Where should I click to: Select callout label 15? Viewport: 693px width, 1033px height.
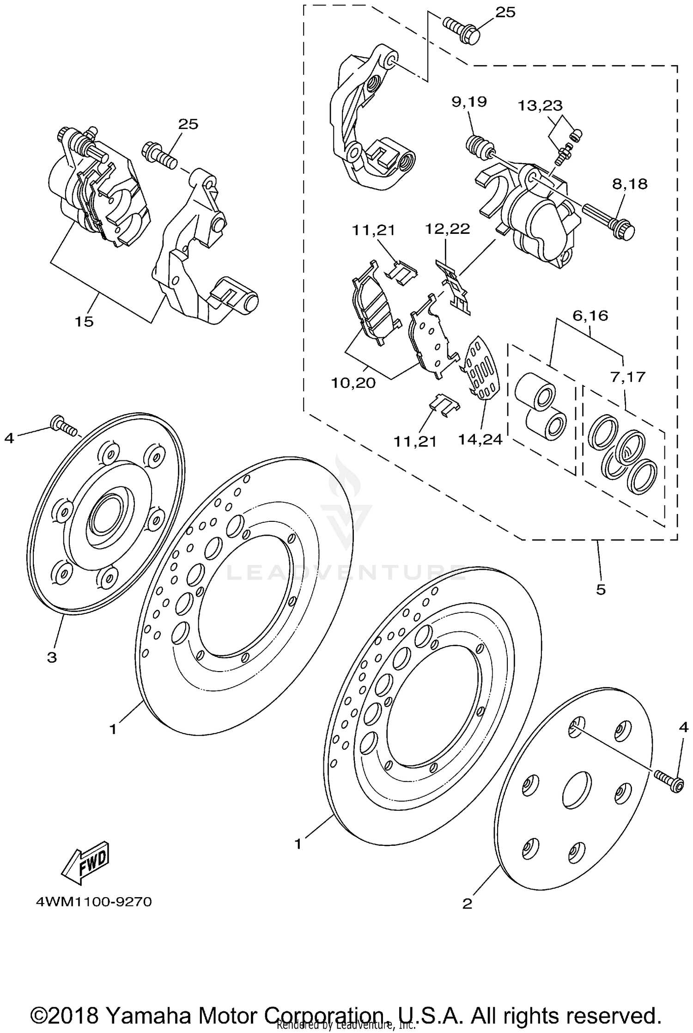pyautogui.click(x=84, y=321)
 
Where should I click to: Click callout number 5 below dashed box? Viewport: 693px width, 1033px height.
pyautogui.click(x=601, y=589)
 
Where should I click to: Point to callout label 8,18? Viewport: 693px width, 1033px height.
pyautogui.click(x=630, y=184)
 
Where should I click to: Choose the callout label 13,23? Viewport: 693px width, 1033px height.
pyautogui.click(x=540, y=105)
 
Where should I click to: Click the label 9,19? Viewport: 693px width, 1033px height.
pyautogui.click(x=469, y=101)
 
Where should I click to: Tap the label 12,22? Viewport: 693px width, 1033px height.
pyautogui.click(x=447, y=229)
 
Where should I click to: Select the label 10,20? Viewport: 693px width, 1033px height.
pyautogui.click(x=353, y=383)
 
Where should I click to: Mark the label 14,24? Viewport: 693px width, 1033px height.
pyautogui.click(x=480, y=439)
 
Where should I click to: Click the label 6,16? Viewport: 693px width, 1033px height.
pyautogui.click(x=590, y=316)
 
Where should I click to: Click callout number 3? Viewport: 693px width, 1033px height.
pyautogui.click(x=52, y=657)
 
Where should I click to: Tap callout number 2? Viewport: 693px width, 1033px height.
pyautogui.click(x=468, y=903)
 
